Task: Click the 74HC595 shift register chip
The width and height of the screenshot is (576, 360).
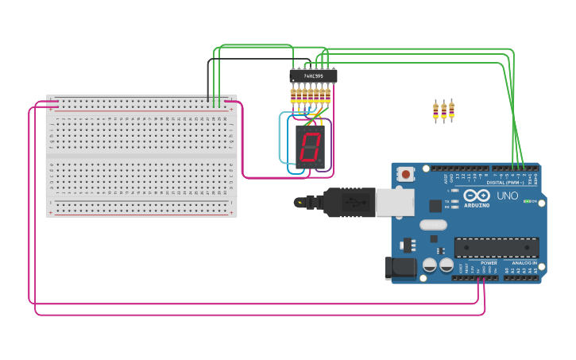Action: [313, 76]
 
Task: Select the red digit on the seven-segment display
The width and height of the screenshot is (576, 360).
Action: [310, 146]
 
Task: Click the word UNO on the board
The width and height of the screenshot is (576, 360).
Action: [507, 195]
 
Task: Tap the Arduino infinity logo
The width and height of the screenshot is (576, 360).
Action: [477, 195]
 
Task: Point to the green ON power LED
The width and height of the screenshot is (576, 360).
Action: [527, 201]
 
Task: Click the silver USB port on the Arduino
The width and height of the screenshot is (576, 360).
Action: [395, 203]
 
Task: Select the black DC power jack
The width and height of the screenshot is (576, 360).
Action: [400, 268]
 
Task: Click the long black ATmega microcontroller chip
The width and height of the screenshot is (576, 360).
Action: [497, 247]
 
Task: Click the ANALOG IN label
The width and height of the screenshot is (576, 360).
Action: [524, 263]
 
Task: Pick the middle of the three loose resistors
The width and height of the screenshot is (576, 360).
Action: [443, 111]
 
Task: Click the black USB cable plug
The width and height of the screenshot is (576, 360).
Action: [349, 203]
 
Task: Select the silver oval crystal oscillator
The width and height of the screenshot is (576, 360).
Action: [433, 225]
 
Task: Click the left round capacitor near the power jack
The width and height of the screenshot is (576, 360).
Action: [429, 265]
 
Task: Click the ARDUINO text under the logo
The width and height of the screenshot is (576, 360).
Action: [477, 205]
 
